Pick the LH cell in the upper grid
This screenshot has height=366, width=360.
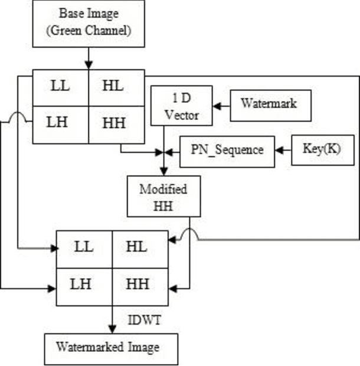click(60, 125)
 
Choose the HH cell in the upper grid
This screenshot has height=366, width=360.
click(116, 125)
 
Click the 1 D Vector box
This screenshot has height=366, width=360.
click(182, 106)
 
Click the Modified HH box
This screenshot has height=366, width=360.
click(163, 197)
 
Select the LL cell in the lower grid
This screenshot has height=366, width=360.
click(84, 247)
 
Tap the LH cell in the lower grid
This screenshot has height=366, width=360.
click(84, 285)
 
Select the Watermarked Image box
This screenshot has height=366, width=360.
click(111, 348)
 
